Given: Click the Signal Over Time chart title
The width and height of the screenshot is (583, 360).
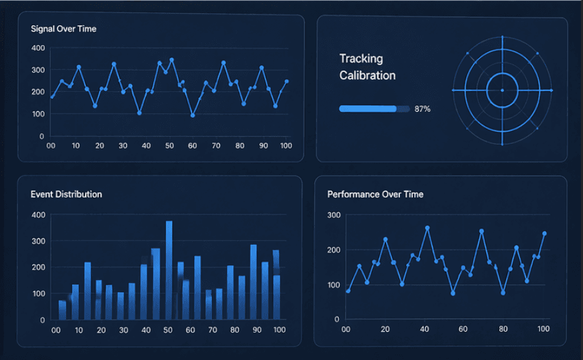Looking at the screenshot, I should click(x=64, y=29).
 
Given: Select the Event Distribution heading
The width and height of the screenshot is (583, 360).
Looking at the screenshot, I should click(x=66, y=194).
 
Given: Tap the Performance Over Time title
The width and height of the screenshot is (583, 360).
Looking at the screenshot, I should click(x=375, y=194).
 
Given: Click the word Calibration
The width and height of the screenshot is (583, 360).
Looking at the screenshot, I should click(x=368, y=75).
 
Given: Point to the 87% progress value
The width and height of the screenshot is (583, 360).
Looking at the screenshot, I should click(x=423, y=109).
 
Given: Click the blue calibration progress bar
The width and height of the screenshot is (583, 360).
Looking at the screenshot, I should click(x=368, y=109).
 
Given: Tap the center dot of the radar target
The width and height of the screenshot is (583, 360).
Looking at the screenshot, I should click(x=502, y=90).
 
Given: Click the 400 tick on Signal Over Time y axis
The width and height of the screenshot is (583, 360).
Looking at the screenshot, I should click(x=38, y=48).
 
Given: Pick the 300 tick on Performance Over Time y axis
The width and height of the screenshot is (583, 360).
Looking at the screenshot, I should click(x=334, y=215).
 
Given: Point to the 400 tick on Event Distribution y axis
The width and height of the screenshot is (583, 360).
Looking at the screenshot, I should click(x=38, y=215).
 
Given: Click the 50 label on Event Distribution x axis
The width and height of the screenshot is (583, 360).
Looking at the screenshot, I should click(x=168, y=331).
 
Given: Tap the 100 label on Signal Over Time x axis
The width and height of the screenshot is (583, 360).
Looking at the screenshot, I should click(x=286, y=146).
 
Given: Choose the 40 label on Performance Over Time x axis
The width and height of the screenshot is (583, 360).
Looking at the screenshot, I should click(x=424, y=329).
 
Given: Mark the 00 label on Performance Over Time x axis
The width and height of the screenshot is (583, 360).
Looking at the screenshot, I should click(x=346, y=329).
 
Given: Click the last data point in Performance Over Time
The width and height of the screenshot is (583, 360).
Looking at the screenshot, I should click(x=545, y=233).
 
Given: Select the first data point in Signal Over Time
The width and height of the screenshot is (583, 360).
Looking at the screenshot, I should click(x=52, y=97).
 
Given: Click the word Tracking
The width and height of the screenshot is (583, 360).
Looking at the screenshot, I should click(x=361, y=59).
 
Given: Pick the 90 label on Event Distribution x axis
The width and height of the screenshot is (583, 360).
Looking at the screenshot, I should click(x=257, y=331).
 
